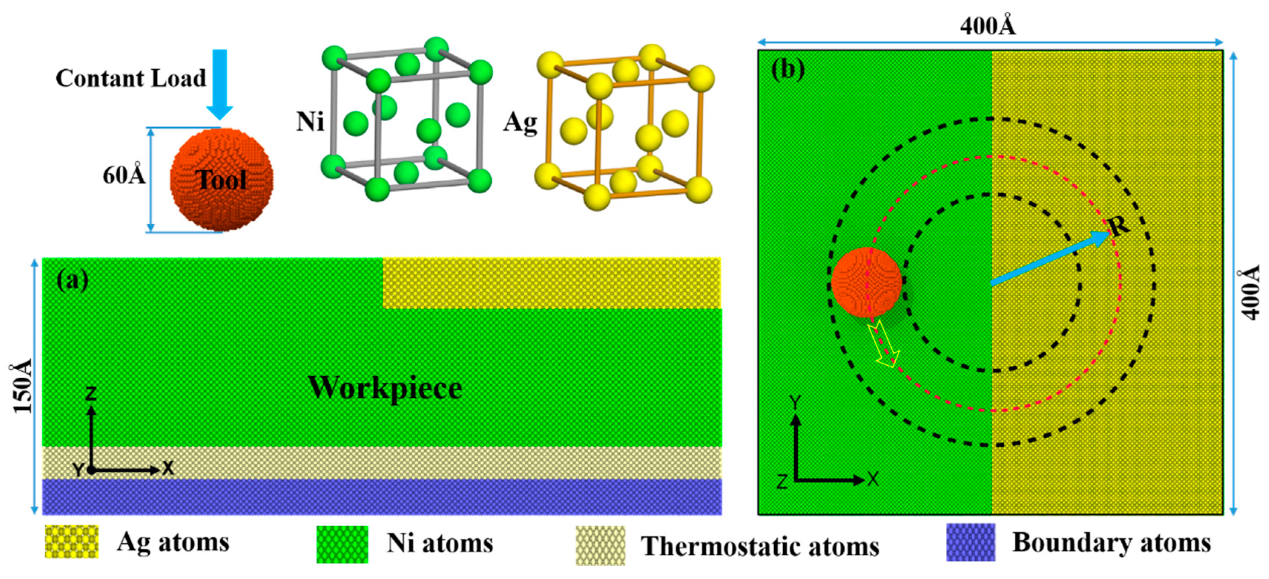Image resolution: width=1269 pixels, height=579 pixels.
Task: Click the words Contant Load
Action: [x=131, y=78]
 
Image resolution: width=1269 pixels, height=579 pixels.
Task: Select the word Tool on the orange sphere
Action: [x=221, y=180]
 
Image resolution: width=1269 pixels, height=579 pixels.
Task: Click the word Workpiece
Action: [x=385, y=388]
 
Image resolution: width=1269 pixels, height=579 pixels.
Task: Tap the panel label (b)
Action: [x=788, y=69]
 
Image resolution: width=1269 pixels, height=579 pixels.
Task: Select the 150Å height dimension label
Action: [x=22, y=387]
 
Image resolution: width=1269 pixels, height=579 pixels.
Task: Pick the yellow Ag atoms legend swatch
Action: [x=72, y=542]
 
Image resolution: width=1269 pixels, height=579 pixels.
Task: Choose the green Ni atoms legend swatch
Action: [x=342, y=545]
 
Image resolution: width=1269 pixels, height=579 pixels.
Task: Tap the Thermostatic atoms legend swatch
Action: [x=600, y=546]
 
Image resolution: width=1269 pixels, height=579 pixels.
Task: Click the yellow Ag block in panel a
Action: [x=552, y=283]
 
